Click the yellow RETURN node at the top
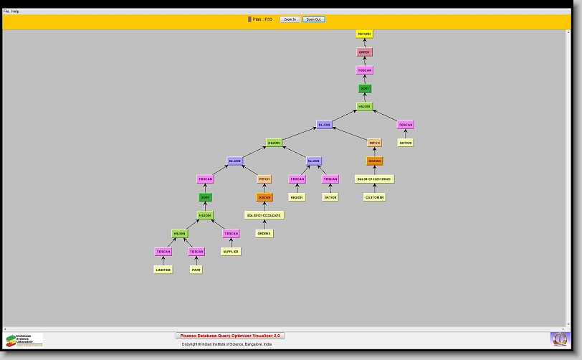coord(365,34)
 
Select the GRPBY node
coord(365,52)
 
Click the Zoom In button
coord(290,19)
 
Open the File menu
coord(6,11)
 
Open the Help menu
coord(15,11)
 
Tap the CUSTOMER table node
coord(374,197)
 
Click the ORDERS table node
coord(264,233)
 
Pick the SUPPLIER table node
coord(231,252)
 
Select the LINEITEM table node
coord(163,270)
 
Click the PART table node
coord(196,270)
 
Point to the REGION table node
coord(297,197)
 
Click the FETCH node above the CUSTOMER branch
coord(374,143)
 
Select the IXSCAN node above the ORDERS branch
coord(264,197)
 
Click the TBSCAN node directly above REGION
coord(297,179)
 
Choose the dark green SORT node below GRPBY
coord(365,88)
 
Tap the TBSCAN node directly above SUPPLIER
coord(231,233)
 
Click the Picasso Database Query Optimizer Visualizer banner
coord(230,336)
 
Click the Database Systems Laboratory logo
coord(24,340)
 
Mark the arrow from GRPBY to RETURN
coord(365,43)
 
